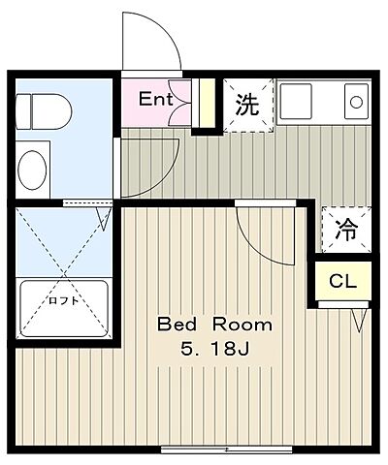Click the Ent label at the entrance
click(x=155, y=98)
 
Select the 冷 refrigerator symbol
click(x=344, y=230)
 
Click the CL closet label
click(x=342, y=282)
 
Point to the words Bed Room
click(x=216, y=325)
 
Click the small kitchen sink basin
click(x=355, y=101)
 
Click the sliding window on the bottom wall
click(x=227, y=449)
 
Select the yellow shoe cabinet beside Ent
click(x=206, y=105)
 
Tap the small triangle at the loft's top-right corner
click(x=103, y=217)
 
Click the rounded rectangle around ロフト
click(x=63, y=308)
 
